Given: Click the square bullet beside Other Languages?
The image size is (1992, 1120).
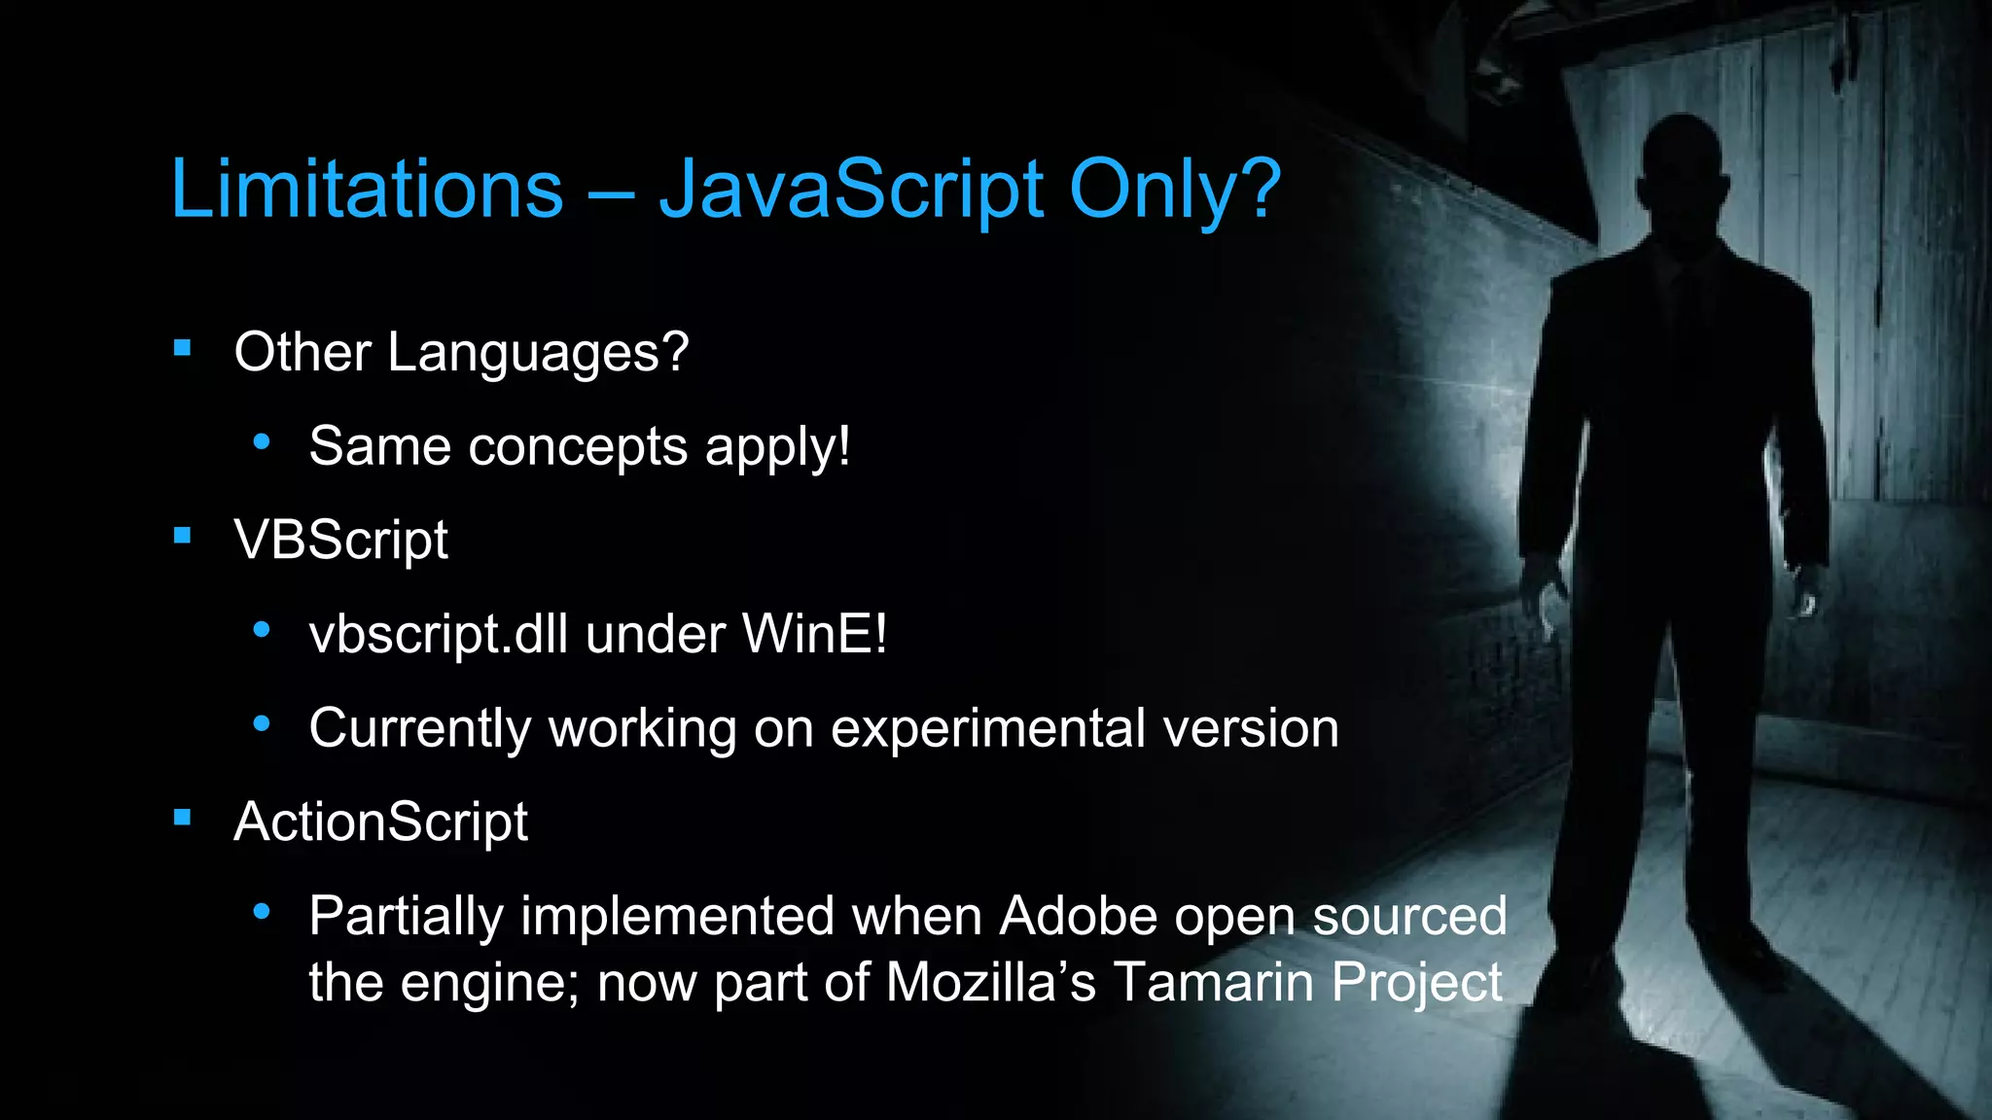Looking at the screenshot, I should tap(182, 348).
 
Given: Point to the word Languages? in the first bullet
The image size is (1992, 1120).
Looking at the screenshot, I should tap(538, 352).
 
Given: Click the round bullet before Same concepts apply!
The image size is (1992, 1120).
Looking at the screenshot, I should tap(261, 442).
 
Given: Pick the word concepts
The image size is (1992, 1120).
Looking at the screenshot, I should tap(578, 446).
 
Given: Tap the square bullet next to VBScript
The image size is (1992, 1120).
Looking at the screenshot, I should tap(182, 536).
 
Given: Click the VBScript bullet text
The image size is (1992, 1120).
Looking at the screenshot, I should tap(340, 540).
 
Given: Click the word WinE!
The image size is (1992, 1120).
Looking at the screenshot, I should tap(814, 634).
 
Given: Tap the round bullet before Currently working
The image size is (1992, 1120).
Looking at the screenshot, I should tap(261, 724).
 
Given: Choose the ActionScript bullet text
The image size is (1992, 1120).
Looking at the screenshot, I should tap(380, 822).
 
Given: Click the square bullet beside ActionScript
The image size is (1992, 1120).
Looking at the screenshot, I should tap(182, 818).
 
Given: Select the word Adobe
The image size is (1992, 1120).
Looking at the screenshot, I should tap(1079, 916).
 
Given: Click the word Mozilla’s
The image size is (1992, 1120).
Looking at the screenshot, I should tap(990, 981).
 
